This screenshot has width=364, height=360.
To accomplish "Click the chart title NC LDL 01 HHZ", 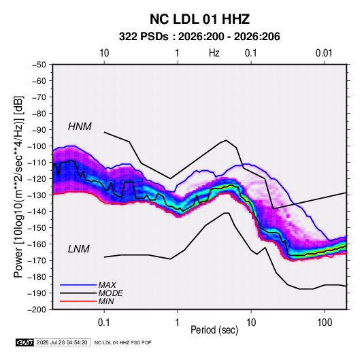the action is click(199, 19).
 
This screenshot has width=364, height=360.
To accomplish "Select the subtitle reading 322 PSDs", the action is click(144, 37).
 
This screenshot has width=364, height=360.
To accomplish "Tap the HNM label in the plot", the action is click(80, 127).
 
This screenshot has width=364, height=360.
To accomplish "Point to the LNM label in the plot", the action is click(79, 249).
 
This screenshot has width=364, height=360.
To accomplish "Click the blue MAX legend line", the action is click(78, 284).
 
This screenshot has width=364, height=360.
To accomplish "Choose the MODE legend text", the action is click(110, 293).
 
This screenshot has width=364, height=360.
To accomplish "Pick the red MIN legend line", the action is click(78, 301).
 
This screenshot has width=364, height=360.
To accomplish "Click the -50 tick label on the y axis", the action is click(39, 65).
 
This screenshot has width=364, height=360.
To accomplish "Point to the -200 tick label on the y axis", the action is click(37, 310).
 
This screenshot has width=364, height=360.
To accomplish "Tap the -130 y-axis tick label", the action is click(37, 195).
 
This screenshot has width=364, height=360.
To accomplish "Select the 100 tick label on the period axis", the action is click(325, 323).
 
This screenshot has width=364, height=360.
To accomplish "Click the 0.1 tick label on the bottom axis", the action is click(104, 323).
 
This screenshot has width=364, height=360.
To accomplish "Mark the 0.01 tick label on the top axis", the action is click(324, 53).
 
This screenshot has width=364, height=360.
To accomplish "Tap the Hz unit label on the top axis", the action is click(214, 53).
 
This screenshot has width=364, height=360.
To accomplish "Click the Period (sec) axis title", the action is click(214, 330).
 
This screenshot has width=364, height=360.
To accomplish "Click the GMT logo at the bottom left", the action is click(25, 342).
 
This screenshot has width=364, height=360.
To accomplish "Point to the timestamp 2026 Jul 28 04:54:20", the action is click(62, 342).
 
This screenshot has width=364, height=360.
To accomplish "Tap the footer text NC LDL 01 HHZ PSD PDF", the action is click(122, 342).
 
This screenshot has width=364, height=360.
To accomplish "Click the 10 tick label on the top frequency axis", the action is click(104, 53).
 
